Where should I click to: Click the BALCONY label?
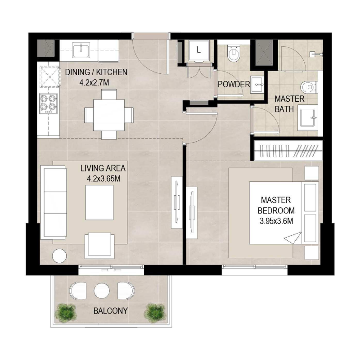[x=111, y=310]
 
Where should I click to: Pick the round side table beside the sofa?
[x=59, y=255]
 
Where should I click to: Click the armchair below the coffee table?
[x=99, y=245]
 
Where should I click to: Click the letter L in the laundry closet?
[x=198, y=50]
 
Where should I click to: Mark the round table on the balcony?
[x=102, y=290]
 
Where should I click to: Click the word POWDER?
[x=234, y=84]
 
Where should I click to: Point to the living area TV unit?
[x=177, y=198]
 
